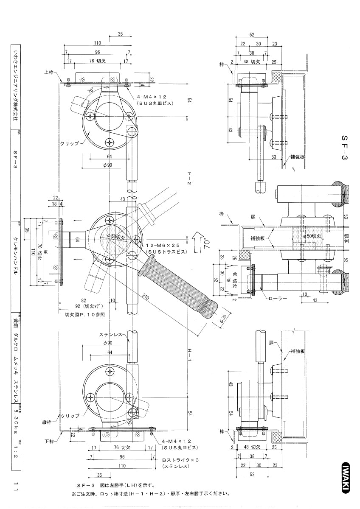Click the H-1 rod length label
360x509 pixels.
[x=188, y=360]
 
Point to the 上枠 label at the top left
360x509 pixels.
[x=50, y=72]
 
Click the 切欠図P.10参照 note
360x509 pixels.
[x=84, y=314]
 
